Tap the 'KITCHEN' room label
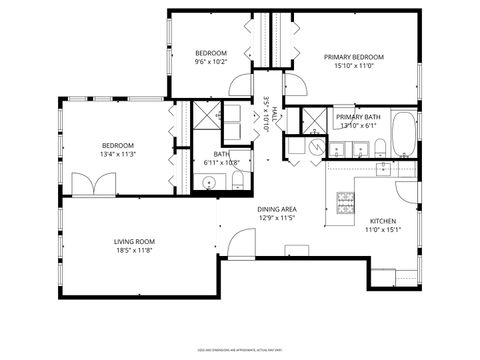point(385,221)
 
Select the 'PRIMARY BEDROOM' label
point(354,57)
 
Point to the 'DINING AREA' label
point(278,209)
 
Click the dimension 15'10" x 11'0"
point(354,66)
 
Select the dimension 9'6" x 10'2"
point(211,61)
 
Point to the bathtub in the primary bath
point(403,136)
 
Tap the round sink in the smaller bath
point(209,181)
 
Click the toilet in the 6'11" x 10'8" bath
point(237,180)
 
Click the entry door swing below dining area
point(241,243)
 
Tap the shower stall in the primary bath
point(314,120)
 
